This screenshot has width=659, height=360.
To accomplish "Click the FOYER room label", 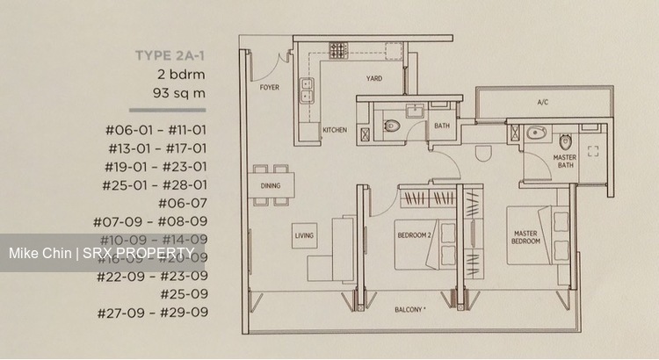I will click(269, 88).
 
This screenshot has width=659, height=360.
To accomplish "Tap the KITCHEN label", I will click(334, 130).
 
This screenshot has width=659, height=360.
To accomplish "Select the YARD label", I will click(374, 79).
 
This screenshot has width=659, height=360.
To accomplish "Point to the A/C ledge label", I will click(542, 103).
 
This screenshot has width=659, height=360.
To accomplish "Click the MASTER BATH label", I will click(565, 162).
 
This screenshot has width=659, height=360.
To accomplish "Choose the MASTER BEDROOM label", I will click(526, 237).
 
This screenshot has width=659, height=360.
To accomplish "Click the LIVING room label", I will click(304, 234).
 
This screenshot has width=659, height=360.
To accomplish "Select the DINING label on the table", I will click(270, 186).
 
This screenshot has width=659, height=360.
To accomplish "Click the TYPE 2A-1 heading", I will click(170, 55).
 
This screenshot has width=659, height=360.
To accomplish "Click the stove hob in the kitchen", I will click(337, 50).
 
